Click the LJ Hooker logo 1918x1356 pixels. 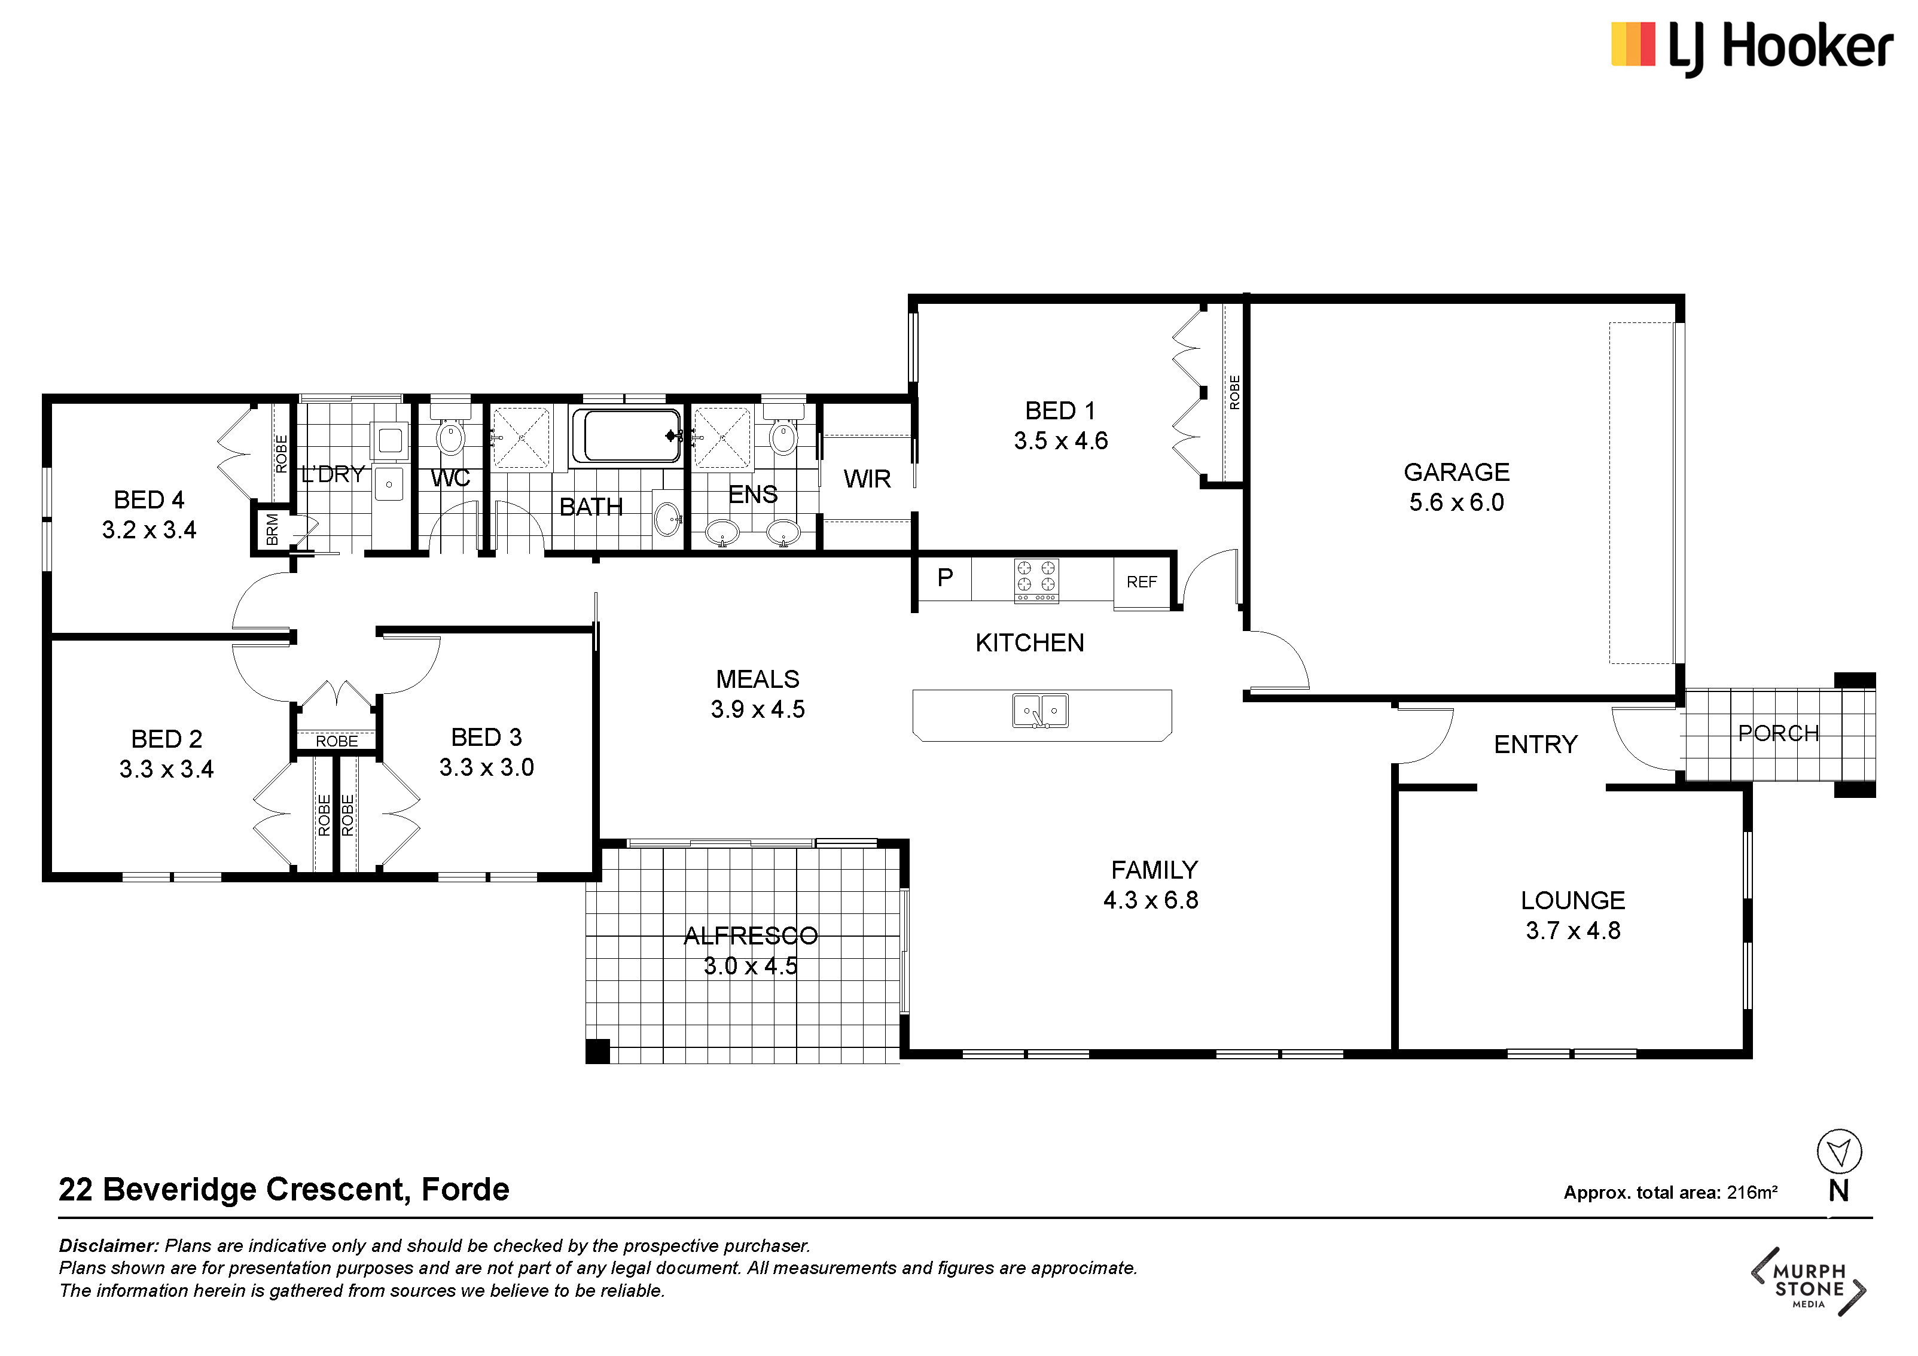1751,47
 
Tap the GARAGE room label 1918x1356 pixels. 1456,472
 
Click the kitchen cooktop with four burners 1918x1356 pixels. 1036,580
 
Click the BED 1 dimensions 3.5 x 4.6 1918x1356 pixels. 1061,441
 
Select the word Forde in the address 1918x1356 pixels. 465,1189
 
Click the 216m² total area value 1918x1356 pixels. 1752,1192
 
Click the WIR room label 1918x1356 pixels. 867,479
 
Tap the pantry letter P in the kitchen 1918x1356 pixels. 945,577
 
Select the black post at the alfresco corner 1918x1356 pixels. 597,1050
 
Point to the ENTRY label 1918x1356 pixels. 1535,745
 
